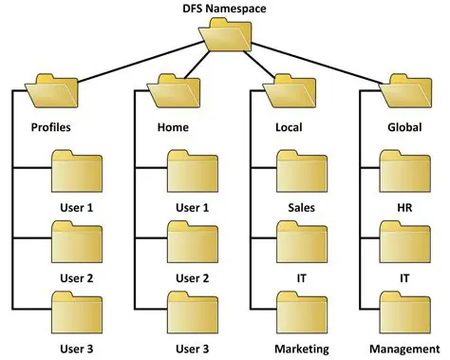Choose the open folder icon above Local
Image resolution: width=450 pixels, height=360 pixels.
tap(286, 92)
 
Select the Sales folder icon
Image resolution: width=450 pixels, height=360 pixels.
tap(301, 171)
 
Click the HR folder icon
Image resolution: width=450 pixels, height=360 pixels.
tap(403, 171)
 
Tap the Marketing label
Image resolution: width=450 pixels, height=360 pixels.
tap(301, 348)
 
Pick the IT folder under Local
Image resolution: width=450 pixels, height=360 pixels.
tap(301, 241)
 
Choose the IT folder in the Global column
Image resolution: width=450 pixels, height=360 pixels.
tap(403, 241)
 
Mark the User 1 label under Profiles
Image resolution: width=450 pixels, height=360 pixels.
tap(76, 207)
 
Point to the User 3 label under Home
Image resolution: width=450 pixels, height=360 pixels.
tap(193, 348)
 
